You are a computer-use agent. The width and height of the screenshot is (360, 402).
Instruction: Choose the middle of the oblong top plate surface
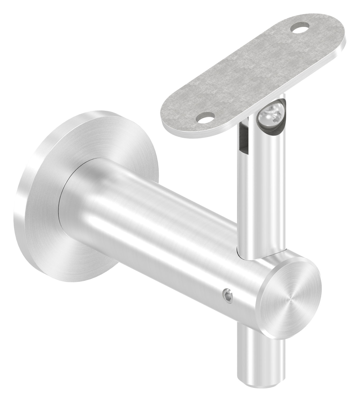pyautogui.click(x=253, y=71)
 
